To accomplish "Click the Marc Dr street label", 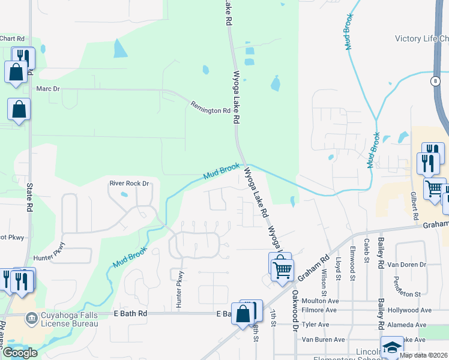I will [x=49, y=89].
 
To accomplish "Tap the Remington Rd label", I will [x=210, y=107].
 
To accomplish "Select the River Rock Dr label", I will [x=128, y=183].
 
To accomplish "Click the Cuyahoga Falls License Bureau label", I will [x=68, y=319].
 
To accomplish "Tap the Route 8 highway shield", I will [x=434, y=80].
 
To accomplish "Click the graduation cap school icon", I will [x=391, y=347].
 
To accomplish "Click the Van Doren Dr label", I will [x=406, y=264].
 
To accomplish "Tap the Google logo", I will [x=20, y=353].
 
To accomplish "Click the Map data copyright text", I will [x=423, y=355].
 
